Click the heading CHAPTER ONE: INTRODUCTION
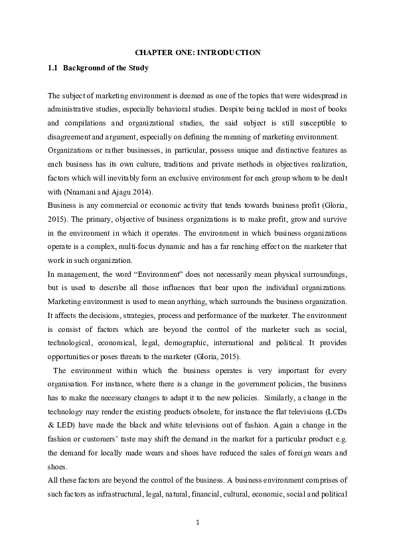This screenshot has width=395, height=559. point(197,52)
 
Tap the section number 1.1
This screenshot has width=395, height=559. point(53,68)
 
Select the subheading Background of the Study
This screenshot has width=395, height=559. point(106,68)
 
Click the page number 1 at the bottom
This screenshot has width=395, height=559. point(197,522)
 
